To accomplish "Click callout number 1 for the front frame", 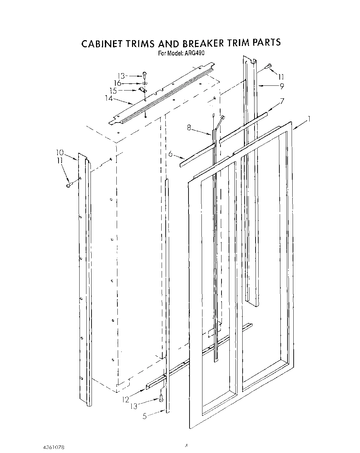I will click(x=309, y=119).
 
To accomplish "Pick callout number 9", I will click(x=282, y=86).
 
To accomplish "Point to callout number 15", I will click(x=113, y=91).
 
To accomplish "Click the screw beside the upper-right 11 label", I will click(x=268, y=66).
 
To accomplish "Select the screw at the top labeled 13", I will click(x=145, y=75).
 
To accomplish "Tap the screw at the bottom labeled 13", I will click(x=161, y=398).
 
